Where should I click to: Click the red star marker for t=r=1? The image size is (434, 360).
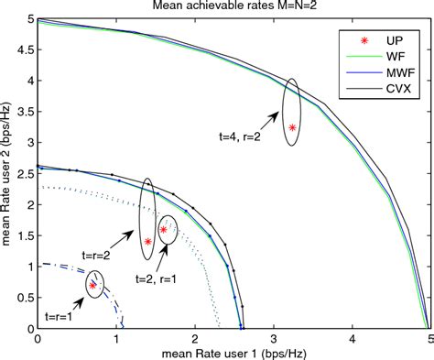92,286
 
